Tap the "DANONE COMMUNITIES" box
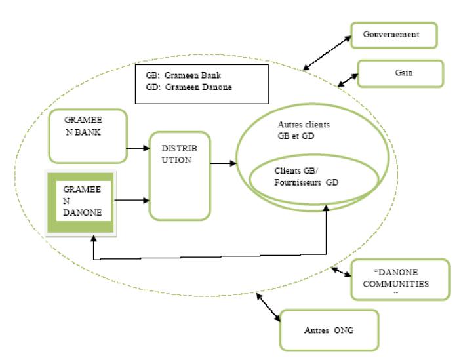pyautogui.click(x=401, y=279)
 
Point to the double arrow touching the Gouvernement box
pyautogui.click(x=327, y=51)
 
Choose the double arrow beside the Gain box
pyautogui.click(x=347, y=79)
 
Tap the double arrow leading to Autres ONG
pyautogui.click(x=269, y=307)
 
